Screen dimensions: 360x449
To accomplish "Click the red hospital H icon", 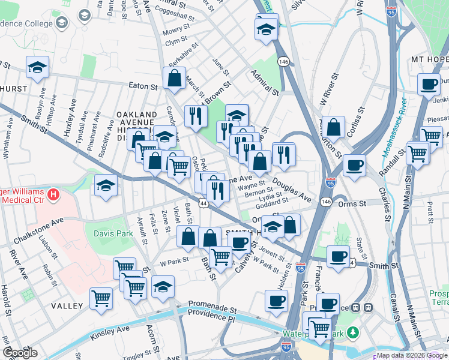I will [x=54, y=195].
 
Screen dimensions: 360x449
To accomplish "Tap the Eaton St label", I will [x=143, y=86].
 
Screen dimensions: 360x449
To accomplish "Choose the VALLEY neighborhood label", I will [x=67, y=305].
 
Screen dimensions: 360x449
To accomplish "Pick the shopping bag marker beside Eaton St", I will [x=174, y=77].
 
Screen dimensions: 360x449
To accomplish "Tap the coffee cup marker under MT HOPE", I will [x=429, y=85].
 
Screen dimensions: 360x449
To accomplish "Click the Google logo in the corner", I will [x=19, y=352].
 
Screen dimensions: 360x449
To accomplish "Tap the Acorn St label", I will [x=152, y=340].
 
